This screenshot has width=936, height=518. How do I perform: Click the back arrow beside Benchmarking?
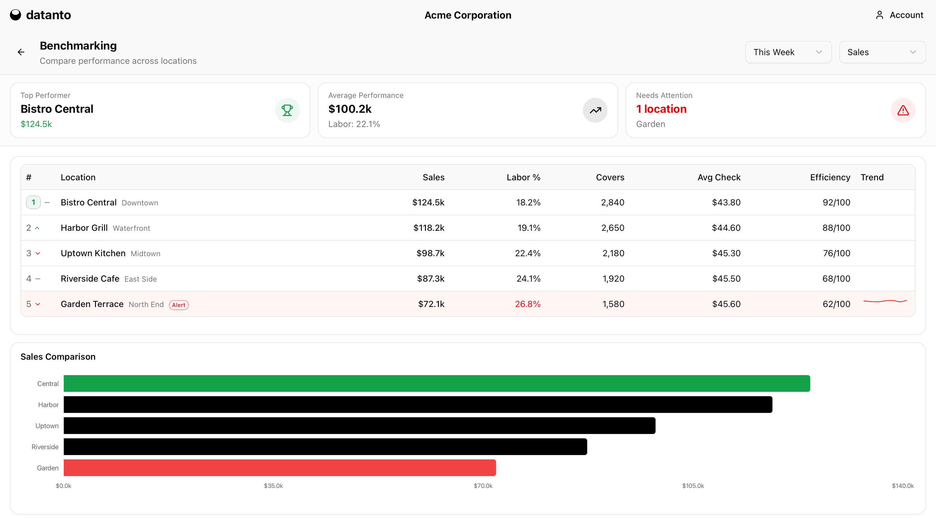[21, 52]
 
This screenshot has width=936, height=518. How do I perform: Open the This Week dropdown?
[788, 52]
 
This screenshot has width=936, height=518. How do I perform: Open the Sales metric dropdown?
[882, 52]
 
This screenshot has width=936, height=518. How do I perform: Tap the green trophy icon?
[287, 110]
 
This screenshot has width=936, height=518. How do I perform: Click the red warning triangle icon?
[903, 110]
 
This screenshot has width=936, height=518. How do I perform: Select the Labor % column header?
[523, 178]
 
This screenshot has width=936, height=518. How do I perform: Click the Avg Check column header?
[719, 178]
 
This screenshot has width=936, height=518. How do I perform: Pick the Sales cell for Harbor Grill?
[429, 228]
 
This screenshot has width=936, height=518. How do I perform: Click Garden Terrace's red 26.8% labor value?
[528, 304]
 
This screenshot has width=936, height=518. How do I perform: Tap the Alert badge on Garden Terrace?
[179, 305]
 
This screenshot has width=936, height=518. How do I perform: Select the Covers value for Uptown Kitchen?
[613, 253]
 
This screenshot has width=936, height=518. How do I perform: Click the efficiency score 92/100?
[836, 203]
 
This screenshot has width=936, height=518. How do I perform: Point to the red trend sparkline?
[885, 301]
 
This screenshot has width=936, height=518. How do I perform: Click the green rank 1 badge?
[33, 202]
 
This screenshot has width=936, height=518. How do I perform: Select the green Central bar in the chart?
[436, 384]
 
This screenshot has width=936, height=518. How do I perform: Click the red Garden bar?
[280, 468]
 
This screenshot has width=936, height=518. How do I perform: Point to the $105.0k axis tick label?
[693, 486]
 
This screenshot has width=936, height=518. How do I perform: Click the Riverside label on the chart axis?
[45, 447]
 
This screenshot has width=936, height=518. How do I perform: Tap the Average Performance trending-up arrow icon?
[595, 110]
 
